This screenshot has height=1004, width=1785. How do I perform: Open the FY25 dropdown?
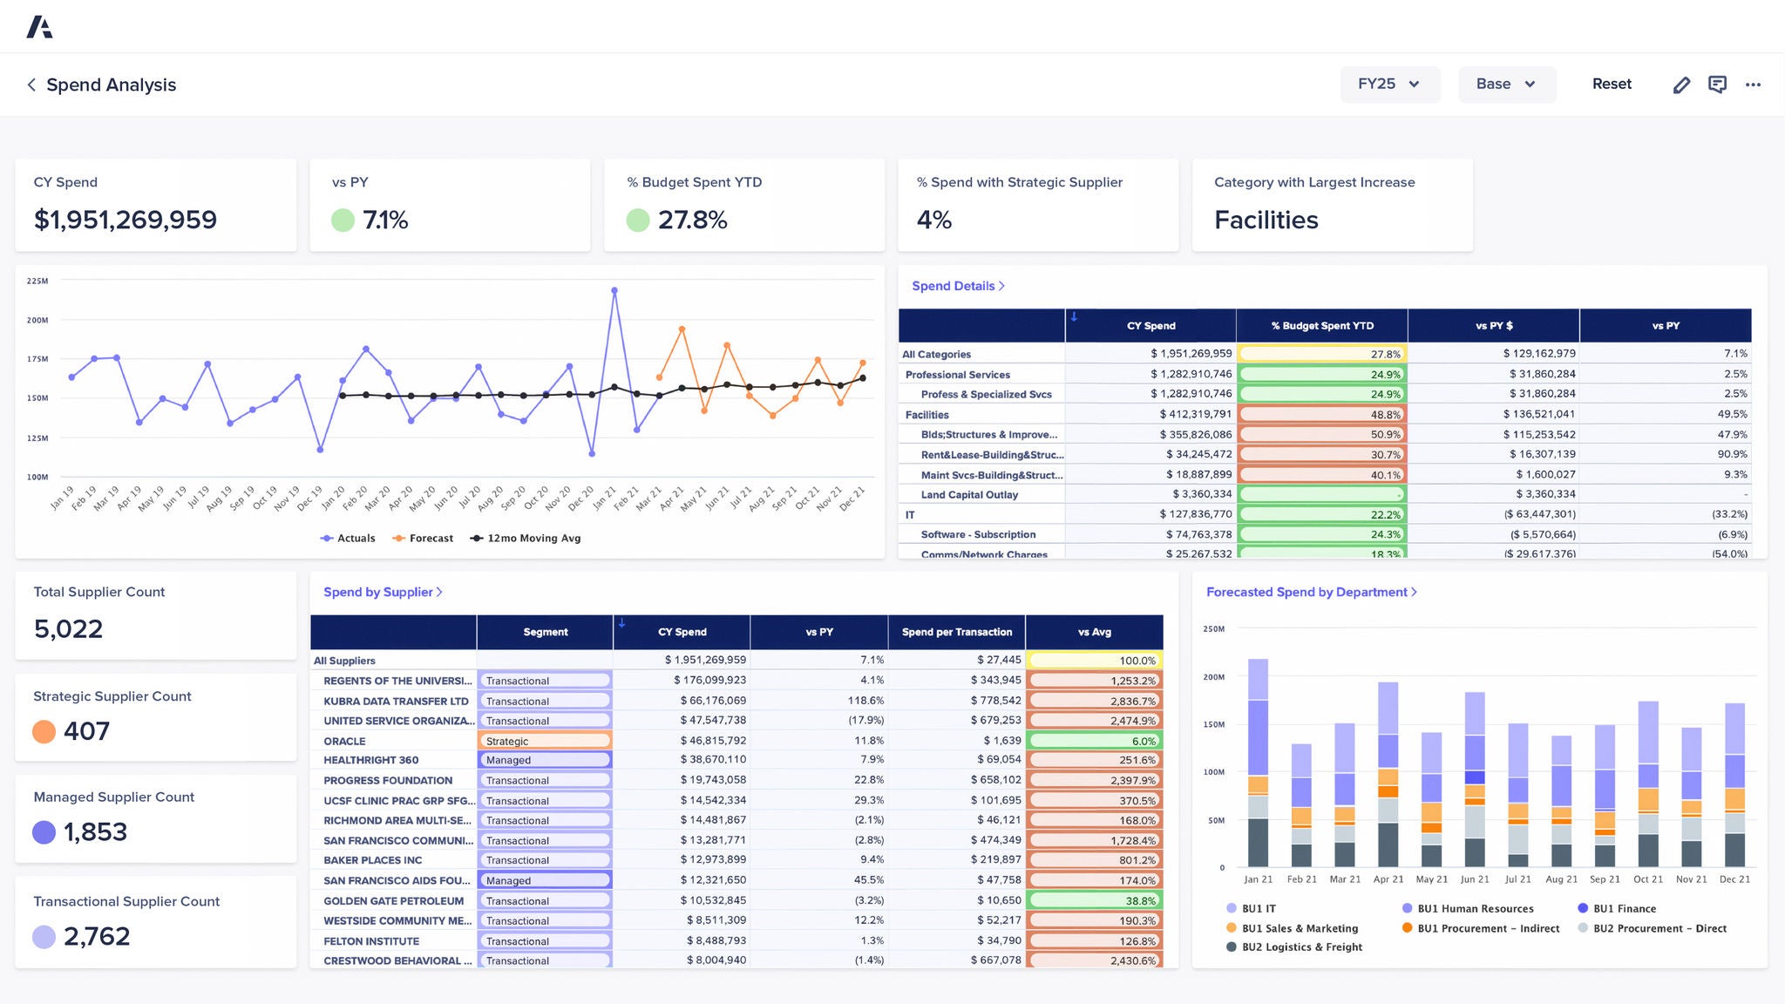pos(1389,85)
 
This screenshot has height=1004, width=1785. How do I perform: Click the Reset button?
pos(1612,85)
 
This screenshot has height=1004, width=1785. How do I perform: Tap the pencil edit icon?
pos(1681,85)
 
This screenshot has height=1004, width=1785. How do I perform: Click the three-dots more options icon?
pos(1753,85)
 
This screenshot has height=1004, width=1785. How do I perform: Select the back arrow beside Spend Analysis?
pos(31,85)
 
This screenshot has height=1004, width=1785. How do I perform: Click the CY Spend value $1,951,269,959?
pos(126,220)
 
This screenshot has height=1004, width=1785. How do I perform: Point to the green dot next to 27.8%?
pos(638,220)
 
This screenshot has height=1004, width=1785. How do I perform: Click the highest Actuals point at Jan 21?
pos(614,291)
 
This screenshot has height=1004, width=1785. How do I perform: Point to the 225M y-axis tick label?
pos(37,282)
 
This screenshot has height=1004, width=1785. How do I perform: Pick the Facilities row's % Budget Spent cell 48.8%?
pos(1321,415)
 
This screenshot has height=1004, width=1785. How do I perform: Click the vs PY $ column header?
pos(1493,326)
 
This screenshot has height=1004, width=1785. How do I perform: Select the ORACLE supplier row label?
pos(345,742)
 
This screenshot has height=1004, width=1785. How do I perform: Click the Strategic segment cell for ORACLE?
pos(545,742)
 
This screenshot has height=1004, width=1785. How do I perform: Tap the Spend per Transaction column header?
pos(956,633)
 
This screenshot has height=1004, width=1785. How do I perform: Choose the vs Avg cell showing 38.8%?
pos(1095,901)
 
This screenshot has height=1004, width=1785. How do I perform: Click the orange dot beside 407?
pos(44,731)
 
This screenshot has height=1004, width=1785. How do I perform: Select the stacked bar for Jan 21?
pos(1258,763)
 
